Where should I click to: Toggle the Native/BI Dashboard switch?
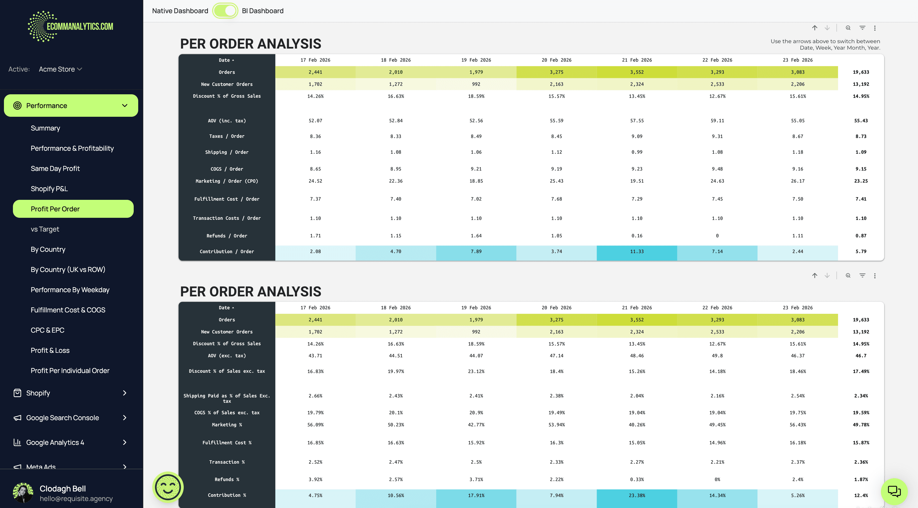tap(225, 11)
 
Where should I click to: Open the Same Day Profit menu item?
tap(55, 168)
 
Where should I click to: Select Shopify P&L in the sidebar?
tap(49, 189)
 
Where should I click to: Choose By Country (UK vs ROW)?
tap(68, 269)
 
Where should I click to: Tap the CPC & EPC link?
tap(47, 330)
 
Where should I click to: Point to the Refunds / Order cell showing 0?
tap(717, 236)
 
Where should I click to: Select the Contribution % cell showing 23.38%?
tap(637, 495)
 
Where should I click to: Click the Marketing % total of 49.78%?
tap(861, 425)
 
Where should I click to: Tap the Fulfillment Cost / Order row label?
tap(227, 199)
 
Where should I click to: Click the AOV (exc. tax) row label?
tap(227, 356)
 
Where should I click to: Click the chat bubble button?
tap(894, 491)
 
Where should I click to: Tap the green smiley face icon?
tap(168, 487)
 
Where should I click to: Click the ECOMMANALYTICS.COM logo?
tap(71, 26)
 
